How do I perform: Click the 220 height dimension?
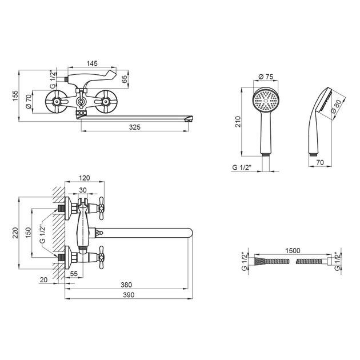(x=15, y=233)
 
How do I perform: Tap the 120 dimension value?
(x=86, y=178)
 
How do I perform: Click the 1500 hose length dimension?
(x=291, y=251)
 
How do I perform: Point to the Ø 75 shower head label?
(x=264, y=76)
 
